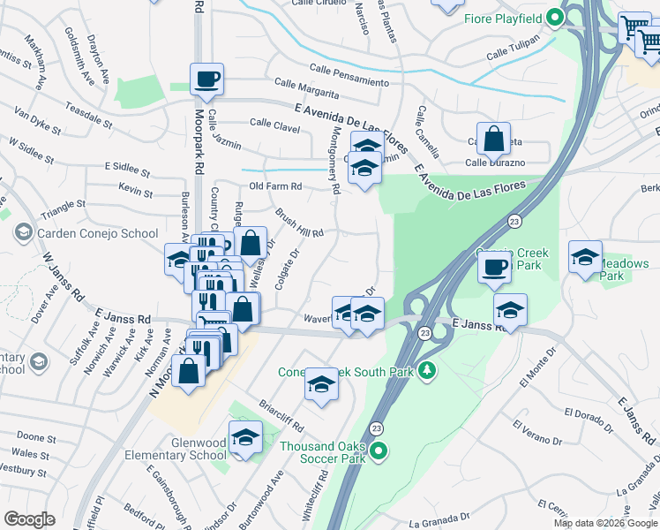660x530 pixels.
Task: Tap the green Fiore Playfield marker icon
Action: (555, 17)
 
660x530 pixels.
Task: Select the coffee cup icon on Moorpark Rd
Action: (206, 79)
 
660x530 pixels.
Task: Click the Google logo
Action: (30, 519)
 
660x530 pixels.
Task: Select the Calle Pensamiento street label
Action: (349, 76)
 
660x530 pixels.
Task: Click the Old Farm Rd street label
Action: (275, 186)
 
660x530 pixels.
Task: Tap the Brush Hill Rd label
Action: (299, 223)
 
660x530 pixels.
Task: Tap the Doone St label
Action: (36, 437)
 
